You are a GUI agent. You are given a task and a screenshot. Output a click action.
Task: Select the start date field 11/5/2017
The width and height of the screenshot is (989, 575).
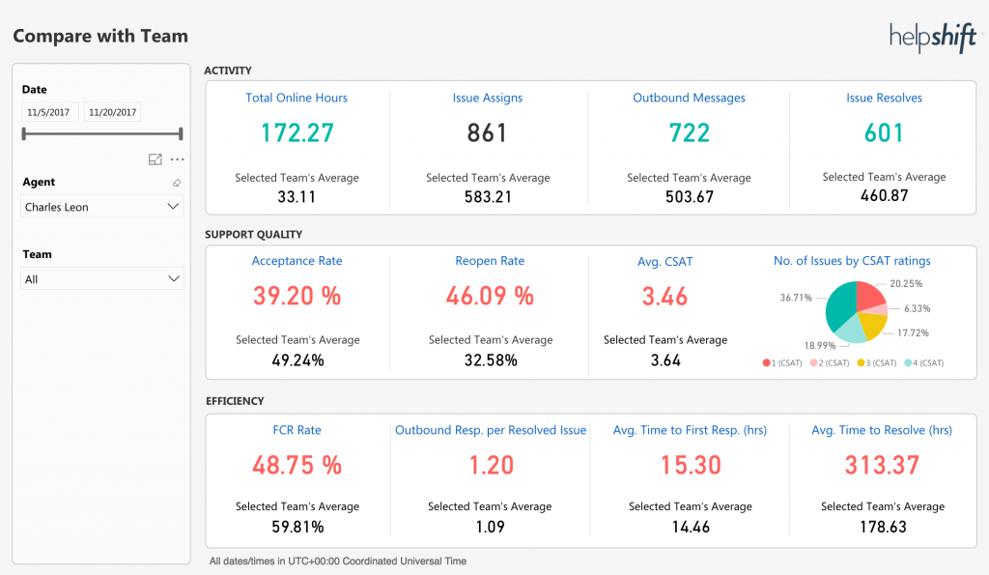coord(49,112)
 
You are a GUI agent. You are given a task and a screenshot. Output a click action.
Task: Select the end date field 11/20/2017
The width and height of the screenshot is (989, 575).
coord(111,112)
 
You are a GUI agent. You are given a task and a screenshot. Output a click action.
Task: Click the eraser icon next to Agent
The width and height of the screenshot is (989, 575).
coord(176,183)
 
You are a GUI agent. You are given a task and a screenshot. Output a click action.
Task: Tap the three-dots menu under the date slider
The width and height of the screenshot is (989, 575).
coord(177,159)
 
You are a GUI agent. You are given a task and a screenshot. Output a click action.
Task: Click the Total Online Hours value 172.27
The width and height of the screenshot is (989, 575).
coord(297,132)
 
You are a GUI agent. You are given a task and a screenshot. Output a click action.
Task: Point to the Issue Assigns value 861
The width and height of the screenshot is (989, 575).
coord(487,132)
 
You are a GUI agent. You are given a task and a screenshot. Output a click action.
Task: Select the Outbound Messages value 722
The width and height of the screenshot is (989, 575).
coord(689,132)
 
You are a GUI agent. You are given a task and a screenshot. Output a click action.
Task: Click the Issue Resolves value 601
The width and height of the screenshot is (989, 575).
coord(884,132)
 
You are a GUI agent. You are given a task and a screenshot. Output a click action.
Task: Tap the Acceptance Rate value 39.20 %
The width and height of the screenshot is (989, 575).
coord(297,296)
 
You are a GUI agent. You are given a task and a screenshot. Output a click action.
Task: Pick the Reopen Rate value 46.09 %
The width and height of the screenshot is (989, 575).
coord(490,296)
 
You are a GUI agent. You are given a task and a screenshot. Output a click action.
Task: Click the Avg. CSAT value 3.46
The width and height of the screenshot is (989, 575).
coord(664,296)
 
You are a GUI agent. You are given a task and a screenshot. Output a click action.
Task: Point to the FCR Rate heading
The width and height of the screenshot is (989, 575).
coord(297,430)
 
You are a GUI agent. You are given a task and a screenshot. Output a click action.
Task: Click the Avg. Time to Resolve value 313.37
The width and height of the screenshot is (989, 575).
coord(882,465)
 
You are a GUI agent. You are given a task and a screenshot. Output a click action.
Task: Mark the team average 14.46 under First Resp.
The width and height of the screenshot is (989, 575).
coord(690,527)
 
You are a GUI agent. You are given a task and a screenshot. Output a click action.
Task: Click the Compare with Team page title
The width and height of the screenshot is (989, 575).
coord(100,37)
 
